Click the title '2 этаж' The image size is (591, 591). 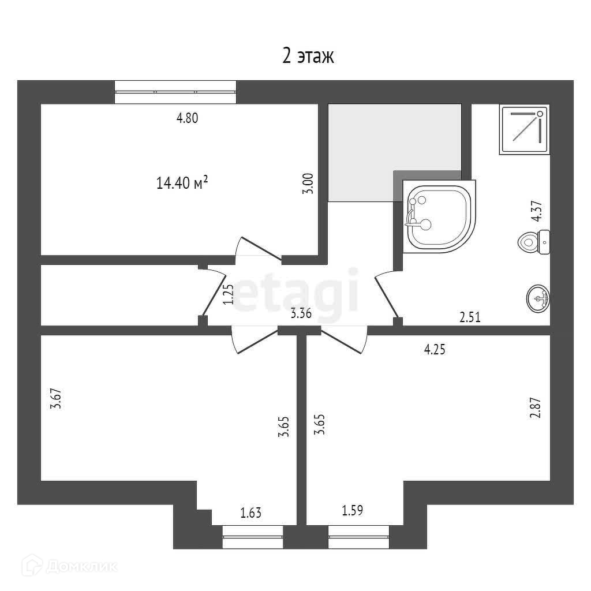pos(308,57)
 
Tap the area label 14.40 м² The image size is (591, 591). pos(182,184)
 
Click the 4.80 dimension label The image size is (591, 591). pos(187,118)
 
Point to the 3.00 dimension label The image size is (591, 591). pos(309,184)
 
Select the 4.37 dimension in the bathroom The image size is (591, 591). pos(537,211)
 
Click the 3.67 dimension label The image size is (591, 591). pos(56,399)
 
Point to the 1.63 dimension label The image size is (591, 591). pos(251,512)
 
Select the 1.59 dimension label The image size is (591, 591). pos(353,511)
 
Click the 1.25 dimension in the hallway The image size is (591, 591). pos(228,294)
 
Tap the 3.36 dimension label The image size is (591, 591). pos(302,314)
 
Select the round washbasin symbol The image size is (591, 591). pos(538,298)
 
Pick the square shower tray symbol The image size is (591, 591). pos(524,130)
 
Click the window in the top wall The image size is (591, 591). pos(175,92)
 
